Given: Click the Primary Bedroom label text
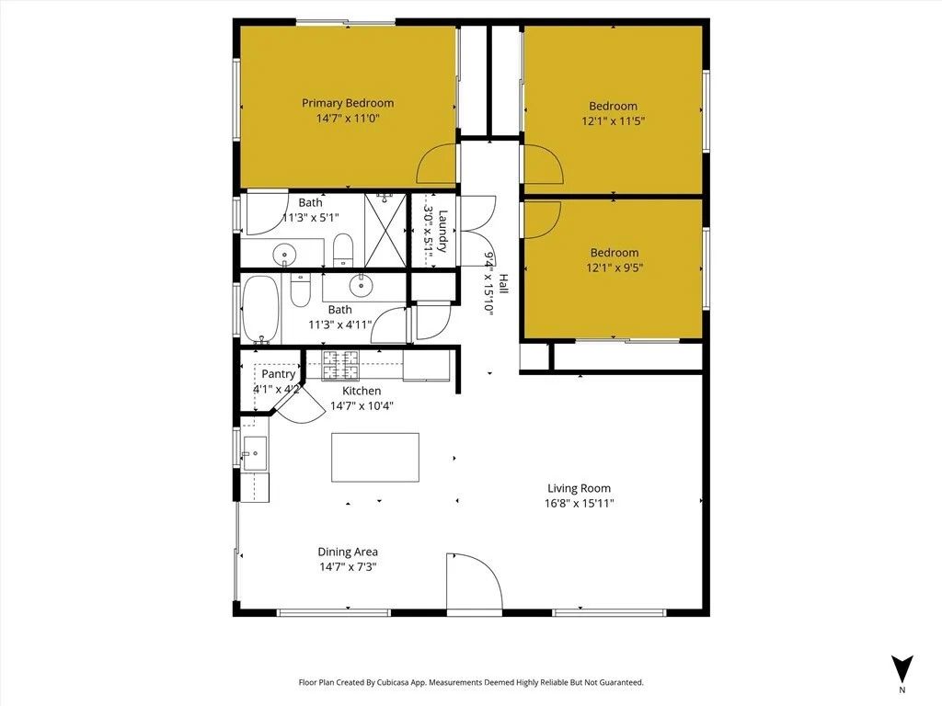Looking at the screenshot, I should [348, 103].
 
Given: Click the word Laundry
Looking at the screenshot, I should [442, 232].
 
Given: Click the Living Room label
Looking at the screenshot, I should [579, 488].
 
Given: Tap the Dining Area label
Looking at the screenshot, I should [348, 552].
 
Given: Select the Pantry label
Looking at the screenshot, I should [278, 374].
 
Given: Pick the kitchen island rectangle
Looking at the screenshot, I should [374, 457].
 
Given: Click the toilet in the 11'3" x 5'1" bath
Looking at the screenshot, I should [342, 248].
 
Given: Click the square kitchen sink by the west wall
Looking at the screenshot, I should [254, 452].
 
